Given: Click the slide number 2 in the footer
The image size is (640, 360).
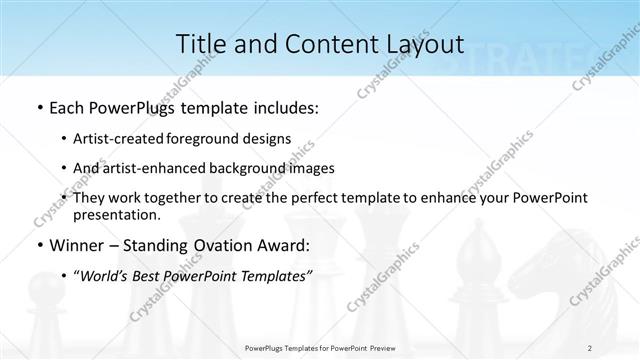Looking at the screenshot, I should [x=589, y=347].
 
